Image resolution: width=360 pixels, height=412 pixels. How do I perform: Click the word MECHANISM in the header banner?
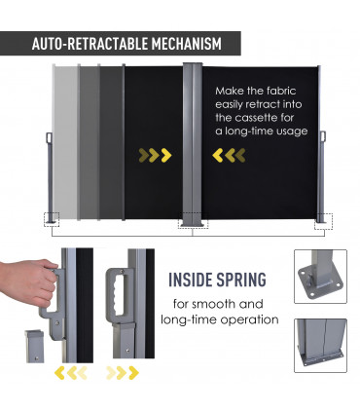[x=187, y=44]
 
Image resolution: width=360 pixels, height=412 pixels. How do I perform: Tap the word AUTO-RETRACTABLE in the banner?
[x=90, y=44]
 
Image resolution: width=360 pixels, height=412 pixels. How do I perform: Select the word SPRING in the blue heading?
[x=241, y=280]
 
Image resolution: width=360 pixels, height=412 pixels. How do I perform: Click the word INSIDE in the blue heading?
[x=191, y=280]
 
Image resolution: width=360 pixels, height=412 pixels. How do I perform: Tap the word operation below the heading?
[x=249, y=319]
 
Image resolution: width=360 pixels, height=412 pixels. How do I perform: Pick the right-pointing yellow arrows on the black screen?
[x=155, y=155]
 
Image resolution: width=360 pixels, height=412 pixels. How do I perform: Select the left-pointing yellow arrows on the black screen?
[x=229, y=155]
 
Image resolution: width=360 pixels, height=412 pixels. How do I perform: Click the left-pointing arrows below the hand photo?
[x=71, y=373]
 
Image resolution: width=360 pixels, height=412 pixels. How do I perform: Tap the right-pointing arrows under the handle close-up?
[x=123, y=373]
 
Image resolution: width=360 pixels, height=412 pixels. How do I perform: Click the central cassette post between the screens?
[x=193, y=144]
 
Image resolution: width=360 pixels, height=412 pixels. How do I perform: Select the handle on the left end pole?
[x=50, y=137]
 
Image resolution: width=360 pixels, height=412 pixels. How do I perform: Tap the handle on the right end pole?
[x=323, y=136]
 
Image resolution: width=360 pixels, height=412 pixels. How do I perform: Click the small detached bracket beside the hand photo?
[x=34, y=346]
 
